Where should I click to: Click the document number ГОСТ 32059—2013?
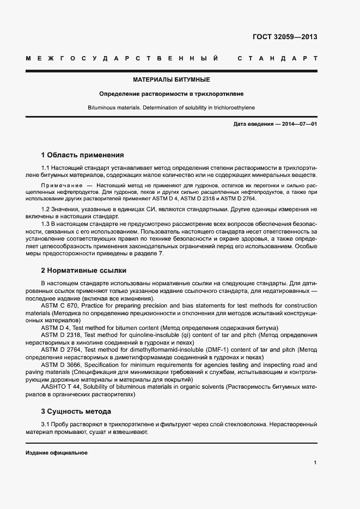click(x=284, y=37)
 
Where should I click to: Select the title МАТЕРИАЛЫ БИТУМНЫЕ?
click(x=171, y=79)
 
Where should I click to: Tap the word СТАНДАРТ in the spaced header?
click(x=277, y=58)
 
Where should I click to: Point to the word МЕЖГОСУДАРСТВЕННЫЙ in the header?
click(x=123, y=58)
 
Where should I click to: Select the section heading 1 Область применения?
click(x=82, y=155)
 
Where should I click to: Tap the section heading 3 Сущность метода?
click(x=76, y=411)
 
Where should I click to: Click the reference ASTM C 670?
click(x=60, y=306)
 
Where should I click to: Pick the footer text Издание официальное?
click(x=56, y=453)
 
